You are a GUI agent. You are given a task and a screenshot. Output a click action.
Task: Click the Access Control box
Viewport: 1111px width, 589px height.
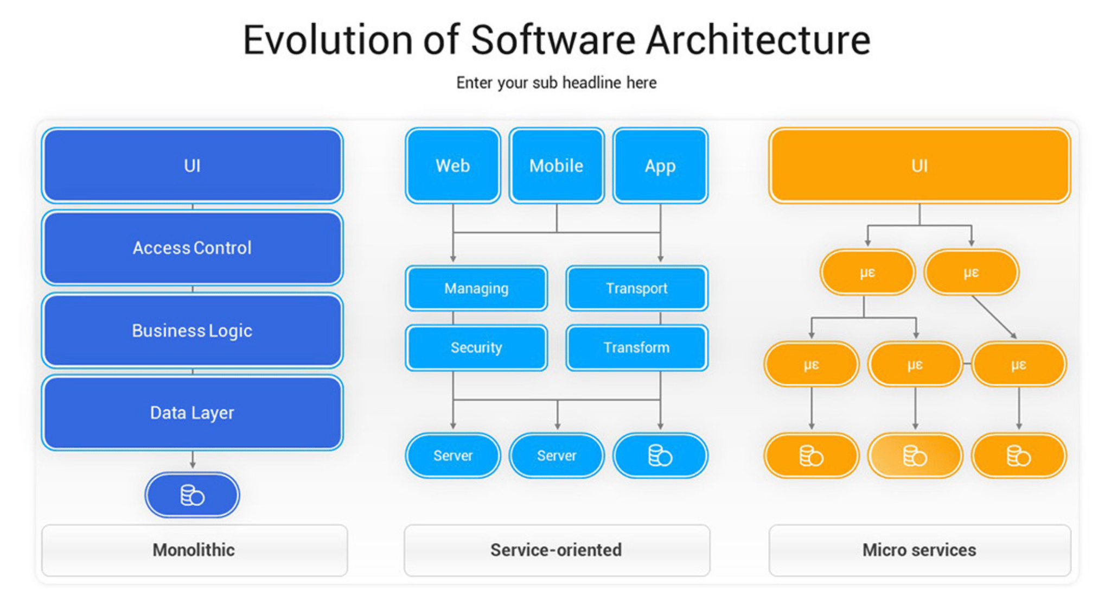[192, 248]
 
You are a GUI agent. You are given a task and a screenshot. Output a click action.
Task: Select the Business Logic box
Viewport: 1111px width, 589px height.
[192, 330]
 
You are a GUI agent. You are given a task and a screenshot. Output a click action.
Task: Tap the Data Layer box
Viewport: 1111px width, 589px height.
[192, 413]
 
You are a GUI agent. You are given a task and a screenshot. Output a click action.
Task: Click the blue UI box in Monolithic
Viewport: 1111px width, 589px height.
[192, 165]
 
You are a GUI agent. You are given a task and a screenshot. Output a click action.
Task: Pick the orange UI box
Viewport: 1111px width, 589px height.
[920, 165]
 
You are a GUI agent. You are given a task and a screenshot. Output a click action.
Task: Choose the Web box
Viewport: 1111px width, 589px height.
[452, 165]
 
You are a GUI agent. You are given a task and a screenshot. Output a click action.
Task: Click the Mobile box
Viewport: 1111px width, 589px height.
[557, 165]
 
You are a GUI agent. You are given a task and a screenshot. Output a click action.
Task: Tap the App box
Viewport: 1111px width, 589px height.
[660, 165]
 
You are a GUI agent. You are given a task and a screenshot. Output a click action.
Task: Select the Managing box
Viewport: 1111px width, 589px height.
[476, 288]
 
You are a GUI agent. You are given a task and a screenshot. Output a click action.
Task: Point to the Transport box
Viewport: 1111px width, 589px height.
[636, 288]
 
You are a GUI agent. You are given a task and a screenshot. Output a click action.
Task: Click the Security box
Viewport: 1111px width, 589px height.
[476, 347]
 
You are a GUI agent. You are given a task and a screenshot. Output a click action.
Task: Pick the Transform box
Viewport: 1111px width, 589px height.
[636, 347]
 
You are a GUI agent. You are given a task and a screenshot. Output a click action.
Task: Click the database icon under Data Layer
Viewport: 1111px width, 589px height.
[192, 495]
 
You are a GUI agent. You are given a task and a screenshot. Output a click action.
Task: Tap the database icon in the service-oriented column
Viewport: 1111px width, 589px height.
[660, 455]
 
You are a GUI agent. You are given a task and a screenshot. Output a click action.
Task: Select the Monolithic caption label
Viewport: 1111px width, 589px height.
[194, 550]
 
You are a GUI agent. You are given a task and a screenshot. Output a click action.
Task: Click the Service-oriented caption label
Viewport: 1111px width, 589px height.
[556, 550]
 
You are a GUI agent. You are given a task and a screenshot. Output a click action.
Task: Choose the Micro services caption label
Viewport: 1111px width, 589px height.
[920, 550]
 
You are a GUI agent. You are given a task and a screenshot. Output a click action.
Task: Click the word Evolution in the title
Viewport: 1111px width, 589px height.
[328, 40]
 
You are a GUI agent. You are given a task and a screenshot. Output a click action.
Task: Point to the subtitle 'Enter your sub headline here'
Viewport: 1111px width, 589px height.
[556, 83]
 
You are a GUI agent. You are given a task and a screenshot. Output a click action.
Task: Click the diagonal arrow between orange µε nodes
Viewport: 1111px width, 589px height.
[994, 317]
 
